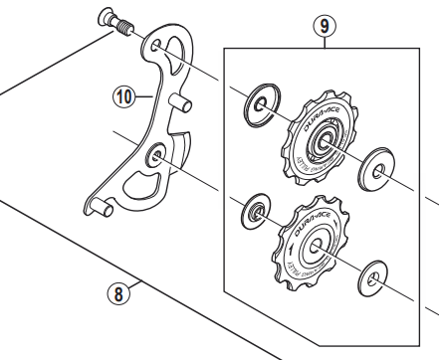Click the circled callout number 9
[x=322, y=25]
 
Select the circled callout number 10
[x=122, y=97]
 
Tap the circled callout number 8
[x=117, y=293]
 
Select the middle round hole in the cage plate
[x=156, y=156]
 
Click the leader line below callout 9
[x=322, y=41]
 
